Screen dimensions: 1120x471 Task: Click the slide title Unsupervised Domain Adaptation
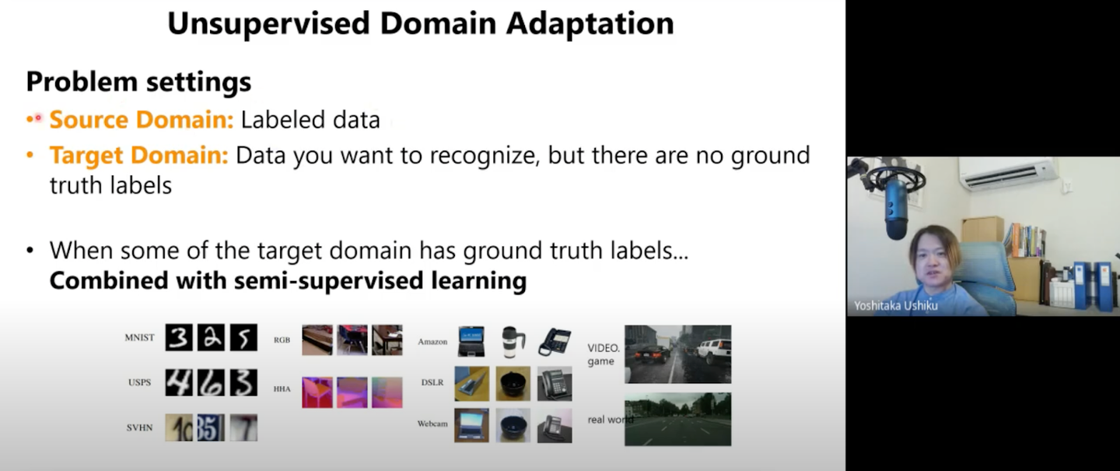point(421,23)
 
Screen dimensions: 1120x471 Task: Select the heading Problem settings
point(138,82)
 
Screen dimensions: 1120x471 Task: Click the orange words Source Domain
point(142,120)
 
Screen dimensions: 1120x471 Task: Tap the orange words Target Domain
point(139,155)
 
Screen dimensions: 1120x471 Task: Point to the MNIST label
point(139,337)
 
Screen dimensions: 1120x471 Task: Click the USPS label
point(139,382)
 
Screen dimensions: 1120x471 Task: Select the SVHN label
point(139,428)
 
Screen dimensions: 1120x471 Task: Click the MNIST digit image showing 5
point(243,337)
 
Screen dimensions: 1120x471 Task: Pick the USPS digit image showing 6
point(211,382)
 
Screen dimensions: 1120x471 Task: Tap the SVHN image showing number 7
point(243,428)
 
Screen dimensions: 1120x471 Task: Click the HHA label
point(282,389)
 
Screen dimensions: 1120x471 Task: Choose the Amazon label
point(432,342)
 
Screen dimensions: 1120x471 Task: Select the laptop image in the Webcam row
point(471,425)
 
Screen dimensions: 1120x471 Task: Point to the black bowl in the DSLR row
point(513,384)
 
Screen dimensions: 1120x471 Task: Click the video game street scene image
point(677,354)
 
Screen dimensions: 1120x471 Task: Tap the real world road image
point(677,420)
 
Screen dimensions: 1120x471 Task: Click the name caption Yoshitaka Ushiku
point(895,306)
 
